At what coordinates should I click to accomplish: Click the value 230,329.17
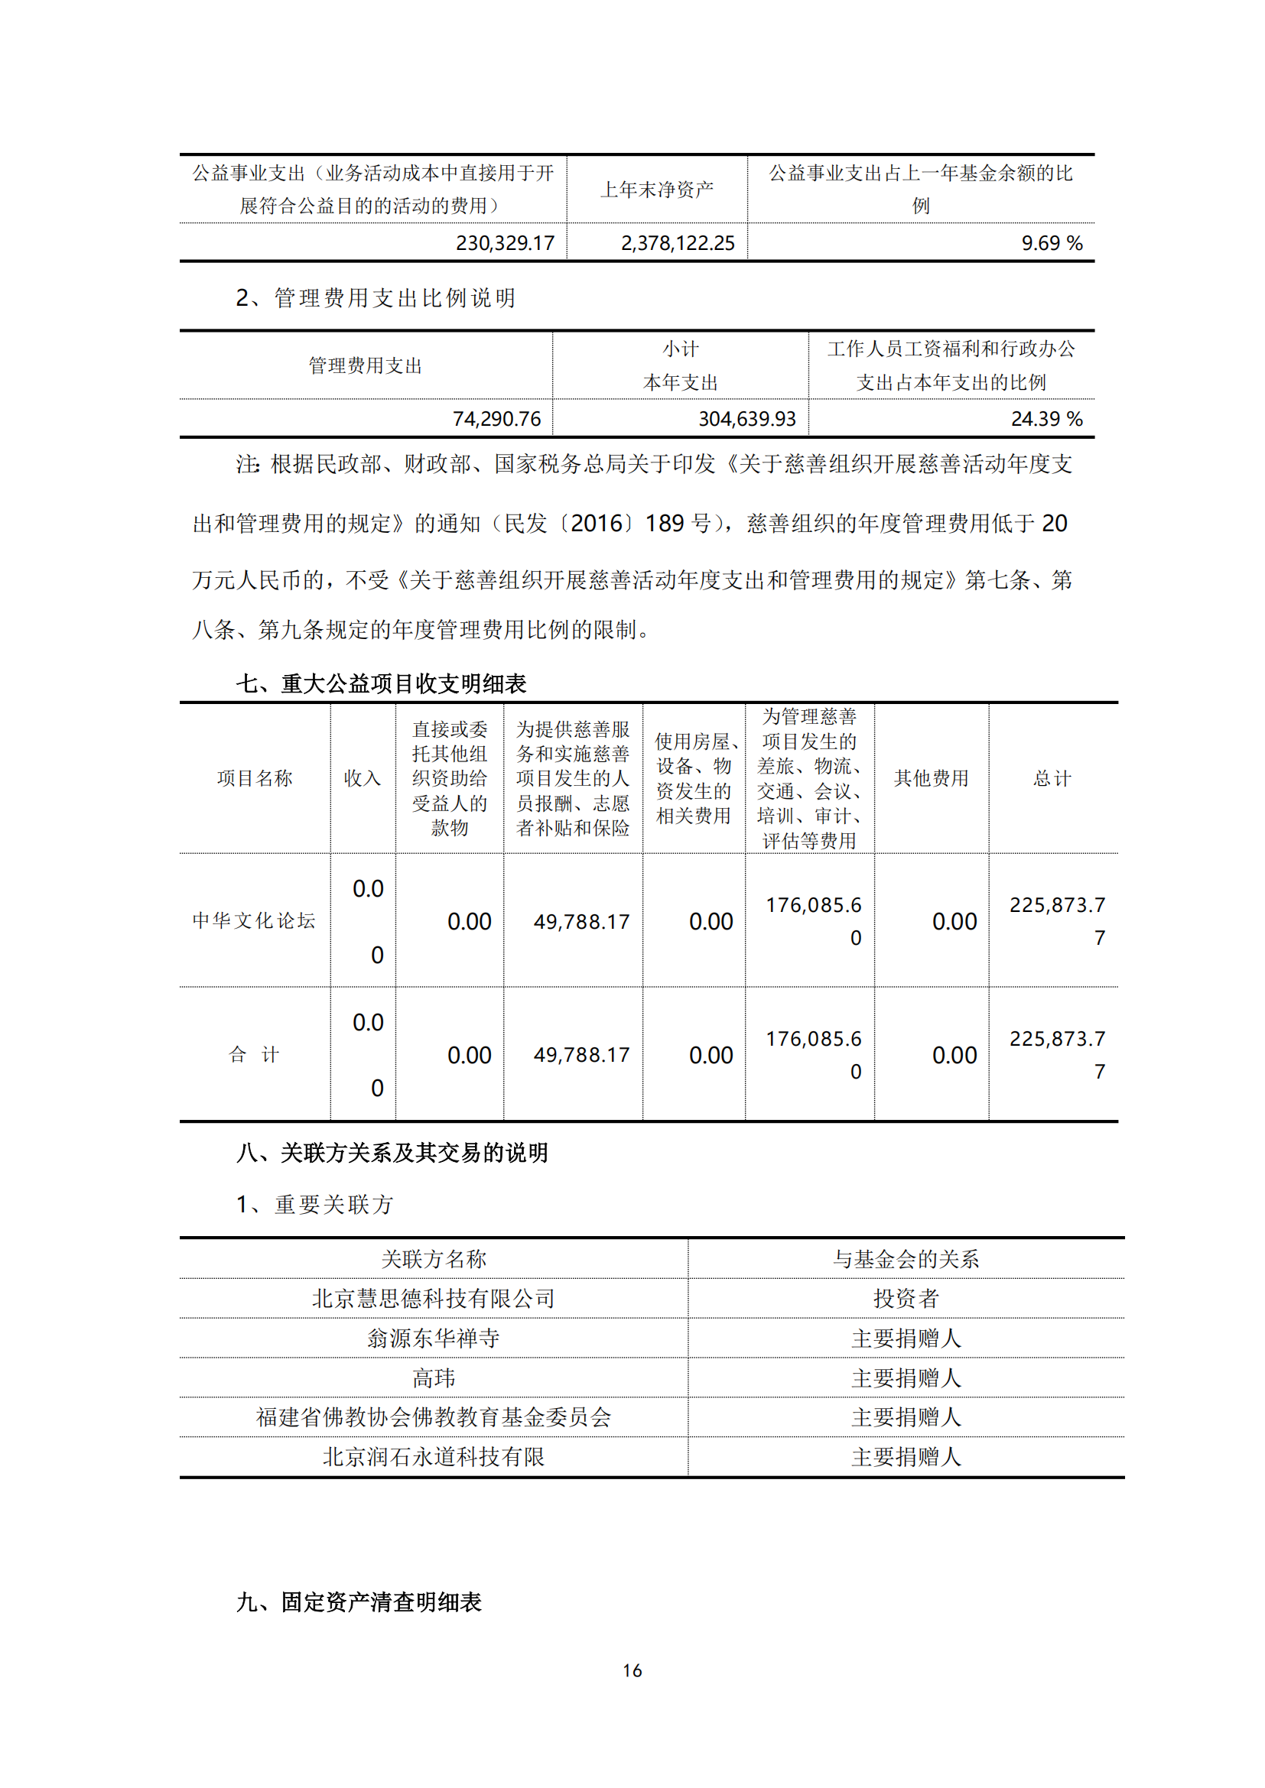coord(505,243)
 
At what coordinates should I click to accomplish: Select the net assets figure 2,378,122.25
coord(677,243)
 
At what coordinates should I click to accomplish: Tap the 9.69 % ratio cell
coord(1051,243)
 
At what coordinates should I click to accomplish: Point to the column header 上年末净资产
coord(657,190)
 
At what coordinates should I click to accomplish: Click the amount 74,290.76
coord(496,419)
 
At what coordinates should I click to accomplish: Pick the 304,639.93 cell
coord(746,419)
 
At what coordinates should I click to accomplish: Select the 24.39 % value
coord(1046,419)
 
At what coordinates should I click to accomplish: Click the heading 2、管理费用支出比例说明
coord(376,297)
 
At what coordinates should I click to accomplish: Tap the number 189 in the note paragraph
coord(664,524)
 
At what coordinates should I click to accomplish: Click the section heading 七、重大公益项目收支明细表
coord(382,683)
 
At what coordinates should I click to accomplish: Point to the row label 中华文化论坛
coord(254,920)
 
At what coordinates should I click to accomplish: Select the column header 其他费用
coord(931,778)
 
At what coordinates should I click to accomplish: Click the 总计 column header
coord(1052,778)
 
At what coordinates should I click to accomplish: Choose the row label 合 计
coord(254,1054)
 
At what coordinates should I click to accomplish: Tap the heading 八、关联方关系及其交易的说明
coord(392,1153)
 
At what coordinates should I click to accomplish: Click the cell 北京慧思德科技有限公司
coord(433,1298)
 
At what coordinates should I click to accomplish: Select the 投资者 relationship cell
coord(906,1298)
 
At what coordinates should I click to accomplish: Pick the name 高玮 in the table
coord(433,1378)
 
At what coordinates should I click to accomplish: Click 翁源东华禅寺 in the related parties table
coord(433,1338)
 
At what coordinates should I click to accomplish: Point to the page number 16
coord(632,1670)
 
